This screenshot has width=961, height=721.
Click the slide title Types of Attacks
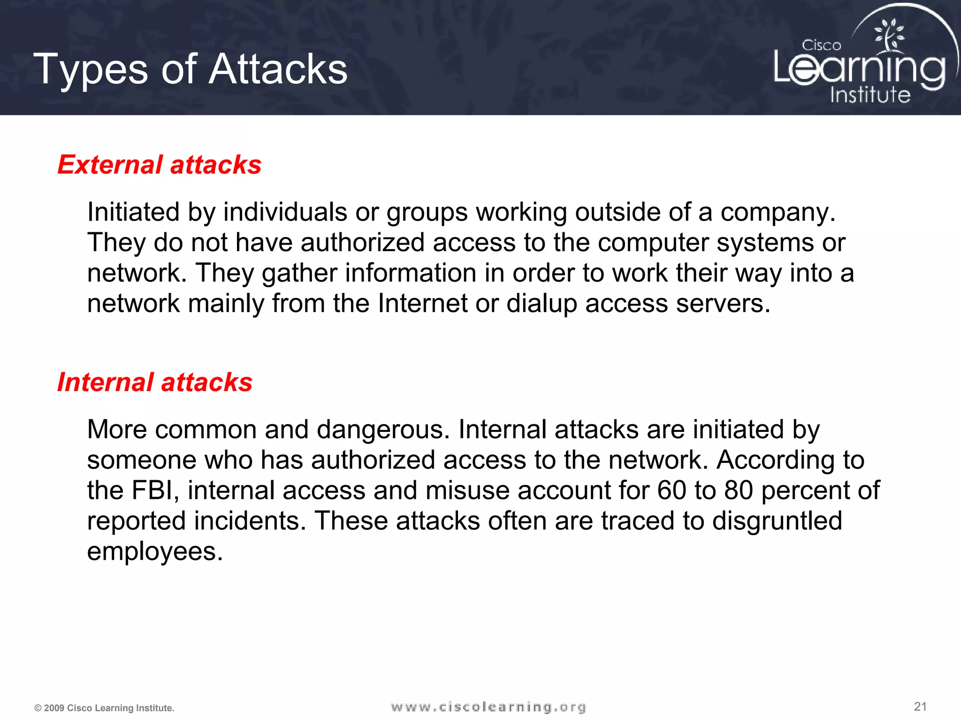click(191, 69)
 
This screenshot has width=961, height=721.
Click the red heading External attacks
click(160, 165)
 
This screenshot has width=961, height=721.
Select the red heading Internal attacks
click(155, 382)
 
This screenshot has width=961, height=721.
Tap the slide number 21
click(920, 706)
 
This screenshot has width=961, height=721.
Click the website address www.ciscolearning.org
click(488, 707)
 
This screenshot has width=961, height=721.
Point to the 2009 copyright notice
click(104, 708)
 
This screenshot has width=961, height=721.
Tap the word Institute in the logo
click(870, 95)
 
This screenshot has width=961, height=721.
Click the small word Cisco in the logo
click(821, 46)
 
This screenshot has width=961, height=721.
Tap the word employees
click(155, 552)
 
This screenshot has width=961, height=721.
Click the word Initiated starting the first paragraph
click(133, 212)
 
